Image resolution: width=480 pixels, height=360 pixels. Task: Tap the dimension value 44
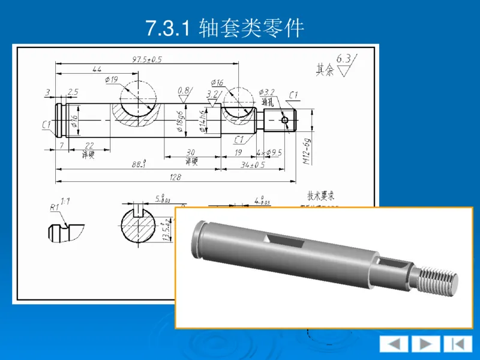97,70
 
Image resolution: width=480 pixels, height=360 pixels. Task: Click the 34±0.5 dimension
253,164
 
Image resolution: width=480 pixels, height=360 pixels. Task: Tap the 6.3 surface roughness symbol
345,61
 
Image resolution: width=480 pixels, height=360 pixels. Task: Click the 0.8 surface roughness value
183,91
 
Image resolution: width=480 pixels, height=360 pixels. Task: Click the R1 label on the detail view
54,208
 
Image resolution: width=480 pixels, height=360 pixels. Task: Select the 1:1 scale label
65,202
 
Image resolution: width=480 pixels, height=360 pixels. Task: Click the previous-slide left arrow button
394,344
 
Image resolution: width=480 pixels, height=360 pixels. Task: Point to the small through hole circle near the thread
285,121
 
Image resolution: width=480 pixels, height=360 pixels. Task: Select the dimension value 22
89,146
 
